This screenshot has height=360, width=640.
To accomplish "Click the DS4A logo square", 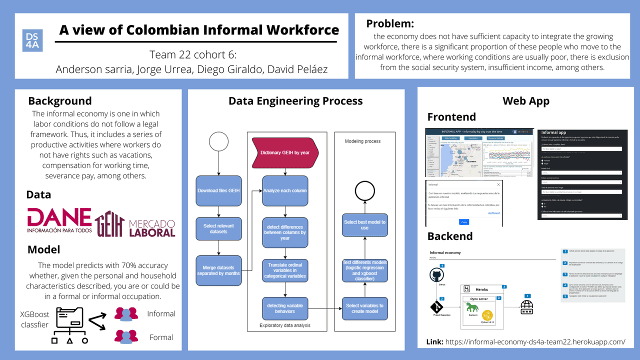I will (32, 40).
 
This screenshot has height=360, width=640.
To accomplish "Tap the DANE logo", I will (59, 220).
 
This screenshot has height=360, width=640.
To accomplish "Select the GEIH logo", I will (110, 224).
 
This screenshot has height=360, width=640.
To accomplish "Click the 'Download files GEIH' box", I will (219, 191).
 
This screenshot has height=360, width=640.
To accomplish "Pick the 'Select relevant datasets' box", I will (219, 229).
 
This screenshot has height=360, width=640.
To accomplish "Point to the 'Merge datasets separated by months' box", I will (219, 270).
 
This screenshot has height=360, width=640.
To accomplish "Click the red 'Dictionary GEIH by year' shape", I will (285, 153).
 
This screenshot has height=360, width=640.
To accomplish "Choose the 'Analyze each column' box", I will (285, 191).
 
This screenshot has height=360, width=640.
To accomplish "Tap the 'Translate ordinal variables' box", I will (285, 270).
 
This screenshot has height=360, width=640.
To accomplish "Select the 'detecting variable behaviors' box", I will (285, 308).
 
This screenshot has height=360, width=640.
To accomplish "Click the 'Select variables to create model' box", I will (365, 308).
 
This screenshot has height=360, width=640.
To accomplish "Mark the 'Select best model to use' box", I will (365, 225).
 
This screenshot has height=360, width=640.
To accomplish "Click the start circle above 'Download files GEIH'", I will (219, 141).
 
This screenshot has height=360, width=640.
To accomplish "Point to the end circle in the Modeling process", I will (365, 191).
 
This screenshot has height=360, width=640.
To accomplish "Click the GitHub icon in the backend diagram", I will (436, 275).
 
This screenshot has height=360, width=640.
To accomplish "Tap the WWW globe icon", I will (527, 307).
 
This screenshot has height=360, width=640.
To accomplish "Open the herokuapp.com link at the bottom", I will (535, 342).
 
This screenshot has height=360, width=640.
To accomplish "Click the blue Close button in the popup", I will (464, 222).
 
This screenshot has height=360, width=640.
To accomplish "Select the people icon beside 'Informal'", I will (126, 314).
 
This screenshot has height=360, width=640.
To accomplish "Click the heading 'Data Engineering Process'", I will (295, 101).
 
